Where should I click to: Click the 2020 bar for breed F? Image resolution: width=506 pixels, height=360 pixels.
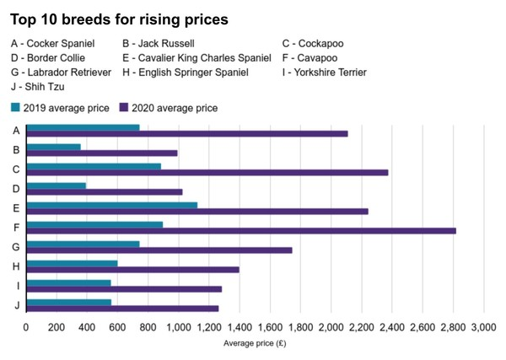coord(240,230)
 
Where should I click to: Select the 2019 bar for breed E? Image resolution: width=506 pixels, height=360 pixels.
coord(111,205)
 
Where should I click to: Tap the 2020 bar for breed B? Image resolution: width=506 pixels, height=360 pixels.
coord(102,153)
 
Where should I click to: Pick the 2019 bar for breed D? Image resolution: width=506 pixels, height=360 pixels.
coord(56,185)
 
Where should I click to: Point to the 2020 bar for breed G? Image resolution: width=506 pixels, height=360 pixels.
coord(159,250)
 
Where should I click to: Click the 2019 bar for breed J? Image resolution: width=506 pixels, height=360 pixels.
coord(68,302)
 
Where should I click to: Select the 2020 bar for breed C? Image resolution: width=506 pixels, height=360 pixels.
coord(207,172)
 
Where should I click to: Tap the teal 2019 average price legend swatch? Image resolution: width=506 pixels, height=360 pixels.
coord(15,108)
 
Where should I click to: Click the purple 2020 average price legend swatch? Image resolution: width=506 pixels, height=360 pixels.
coord(124,108)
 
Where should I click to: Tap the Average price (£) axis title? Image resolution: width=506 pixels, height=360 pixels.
coord(255,343)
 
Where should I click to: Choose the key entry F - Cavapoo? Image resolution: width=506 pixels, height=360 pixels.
coord(314,57)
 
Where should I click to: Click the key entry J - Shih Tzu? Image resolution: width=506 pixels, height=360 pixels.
coord(37,86)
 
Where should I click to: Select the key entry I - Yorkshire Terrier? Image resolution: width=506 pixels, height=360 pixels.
coord(324,72)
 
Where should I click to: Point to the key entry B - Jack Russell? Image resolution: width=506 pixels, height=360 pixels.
coord(159,42)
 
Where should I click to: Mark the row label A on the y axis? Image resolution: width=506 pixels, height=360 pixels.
coord(17,130)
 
